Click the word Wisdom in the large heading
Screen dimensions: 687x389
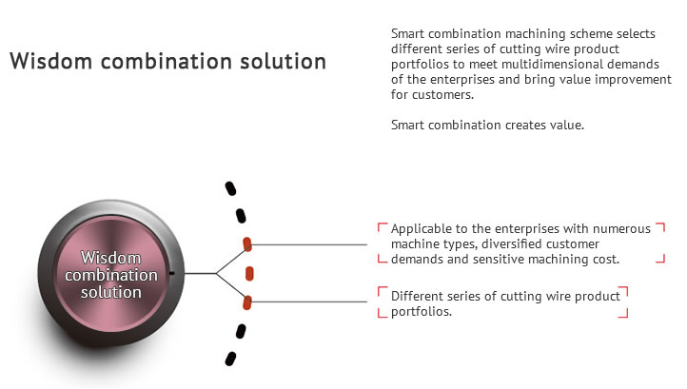(x=50, y=61)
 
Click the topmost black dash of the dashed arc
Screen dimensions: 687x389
(x=230, y=188)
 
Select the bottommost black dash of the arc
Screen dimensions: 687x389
(x=230, y=359)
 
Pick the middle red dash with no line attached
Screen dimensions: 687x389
(x=249, y=274)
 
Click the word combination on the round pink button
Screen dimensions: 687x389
(x=110, y=275)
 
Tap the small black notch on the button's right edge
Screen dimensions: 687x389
(x=171, y=274)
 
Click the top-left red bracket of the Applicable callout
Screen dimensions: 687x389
(x=383, y=227)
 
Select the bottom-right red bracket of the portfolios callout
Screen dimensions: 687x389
(x=623, y=313)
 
